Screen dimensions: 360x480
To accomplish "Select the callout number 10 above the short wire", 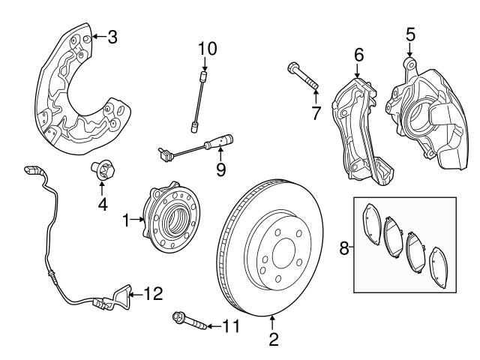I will point(207,49).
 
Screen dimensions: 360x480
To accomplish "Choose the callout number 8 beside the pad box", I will point(344,247).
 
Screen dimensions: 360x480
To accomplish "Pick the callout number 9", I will point(220,170).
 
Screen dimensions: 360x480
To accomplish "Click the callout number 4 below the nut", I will point(102,203).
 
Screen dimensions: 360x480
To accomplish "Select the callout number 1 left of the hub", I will point(127,220).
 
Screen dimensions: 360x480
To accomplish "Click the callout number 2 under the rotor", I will point(273,340).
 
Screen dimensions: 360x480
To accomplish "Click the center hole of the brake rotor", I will point(284,253).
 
